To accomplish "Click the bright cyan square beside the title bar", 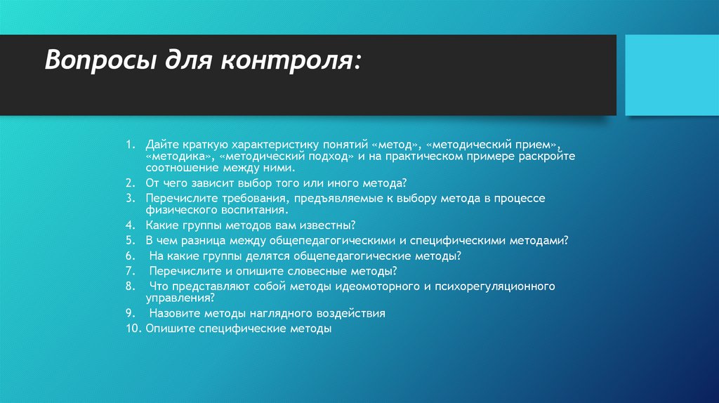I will [671, 75].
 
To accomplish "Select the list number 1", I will [130, 144].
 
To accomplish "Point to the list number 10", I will [134, 328].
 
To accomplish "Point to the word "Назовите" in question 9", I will [175, 313].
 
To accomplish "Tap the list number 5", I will [130, 240].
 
